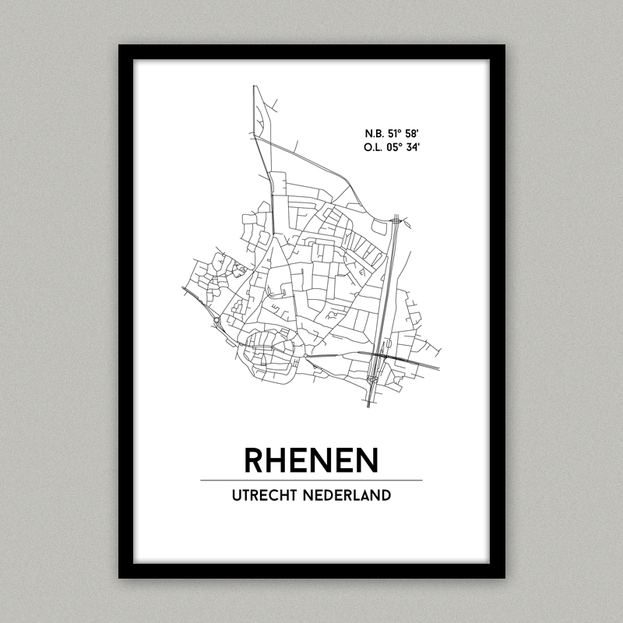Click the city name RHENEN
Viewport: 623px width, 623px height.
pos(311,459)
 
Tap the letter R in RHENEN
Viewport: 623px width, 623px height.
pos(255,459)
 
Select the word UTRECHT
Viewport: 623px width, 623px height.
pos(269,495)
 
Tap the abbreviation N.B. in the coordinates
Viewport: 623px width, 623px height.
pos(375,132)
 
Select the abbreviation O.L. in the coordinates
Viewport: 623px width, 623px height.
pos(375,146)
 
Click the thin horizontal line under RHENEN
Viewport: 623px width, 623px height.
pos(311,480)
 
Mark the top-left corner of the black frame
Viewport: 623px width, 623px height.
pos(120,46)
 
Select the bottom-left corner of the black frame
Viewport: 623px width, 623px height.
pos(120,577)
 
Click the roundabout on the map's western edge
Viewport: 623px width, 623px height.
pos(216,319)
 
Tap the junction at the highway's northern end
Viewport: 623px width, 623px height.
pos(396,221)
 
